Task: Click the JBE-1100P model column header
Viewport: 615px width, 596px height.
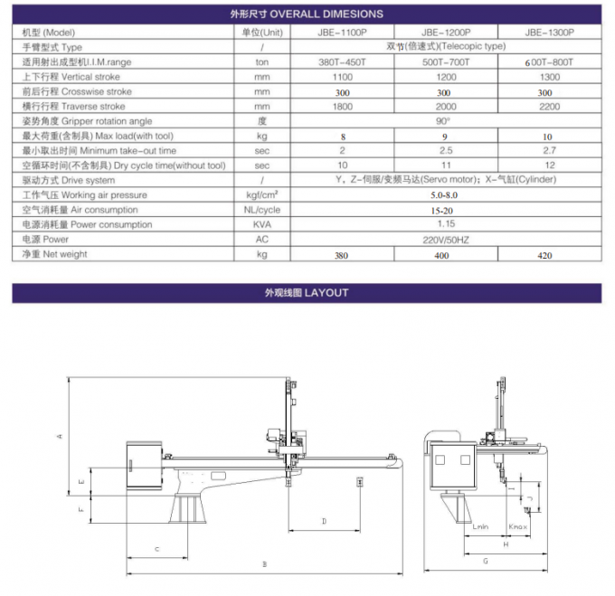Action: [343, 32]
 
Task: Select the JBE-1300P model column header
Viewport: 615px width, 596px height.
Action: [547, 32]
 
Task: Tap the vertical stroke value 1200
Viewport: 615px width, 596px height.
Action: [444, 76]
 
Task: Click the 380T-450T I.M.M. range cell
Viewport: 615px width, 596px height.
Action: [343, 61]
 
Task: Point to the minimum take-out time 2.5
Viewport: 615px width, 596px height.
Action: [444, 150]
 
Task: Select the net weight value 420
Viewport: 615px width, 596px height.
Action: [546, 256]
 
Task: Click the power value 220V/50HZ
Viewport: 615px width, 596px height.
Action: [444, 240]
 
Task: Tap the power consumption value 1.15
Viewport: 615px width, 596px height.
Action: [444, 224]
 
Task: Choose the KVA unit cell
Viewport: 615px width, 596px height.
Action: [262, 224]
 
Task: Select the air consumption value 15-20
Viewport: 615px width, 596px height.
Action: [444, 210]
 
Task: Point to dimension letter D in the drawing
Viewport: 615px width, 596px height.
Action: [324, 521]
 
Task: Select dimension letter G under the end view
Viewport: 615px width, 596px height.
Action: [485, 561]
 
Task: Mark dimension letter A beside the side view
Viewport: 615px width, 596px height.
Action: [60, 436]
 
